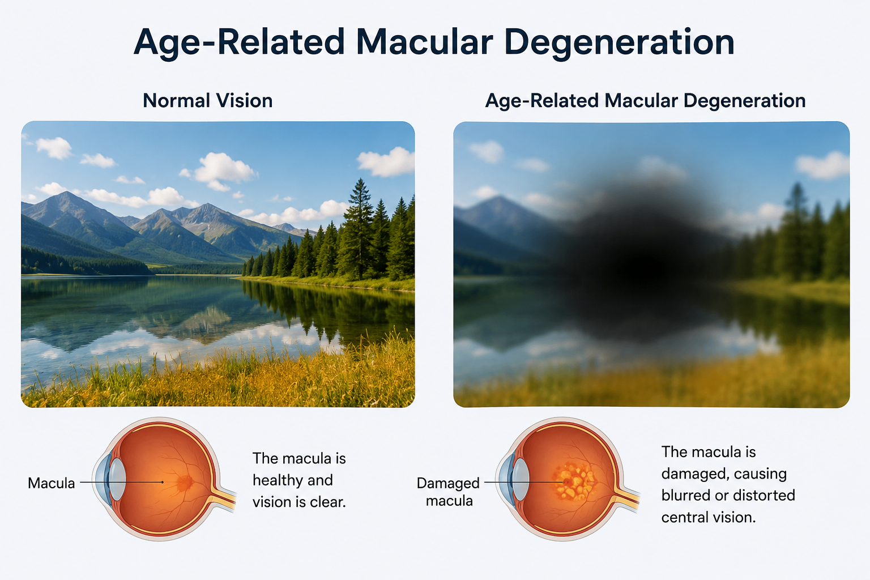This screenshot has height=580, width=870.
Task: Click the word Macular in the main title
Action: coord(424,41)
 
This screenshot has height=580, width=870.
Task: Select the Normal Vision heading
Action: coord(208,101)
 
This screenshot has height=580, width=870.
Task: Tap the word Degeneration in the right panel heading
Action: coord(744,101)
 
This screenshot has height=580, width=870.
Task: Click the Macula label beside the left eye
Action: coord(52,483)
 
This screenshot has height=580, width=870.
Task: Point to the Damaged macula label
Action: coord(449,492)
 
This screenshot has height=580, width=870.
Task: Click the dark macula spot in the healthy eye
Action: coord(185,482)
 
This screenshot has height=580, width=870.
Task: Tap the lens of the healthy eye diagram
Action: coord(117,479)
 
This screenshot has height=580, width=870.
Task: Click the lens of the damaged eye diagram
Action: coord(521,479)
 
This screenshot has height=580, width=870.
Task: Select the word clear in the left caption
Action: coord(326,502)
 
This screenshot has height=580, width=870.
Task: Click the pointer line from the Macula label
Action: coord(122,483)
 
